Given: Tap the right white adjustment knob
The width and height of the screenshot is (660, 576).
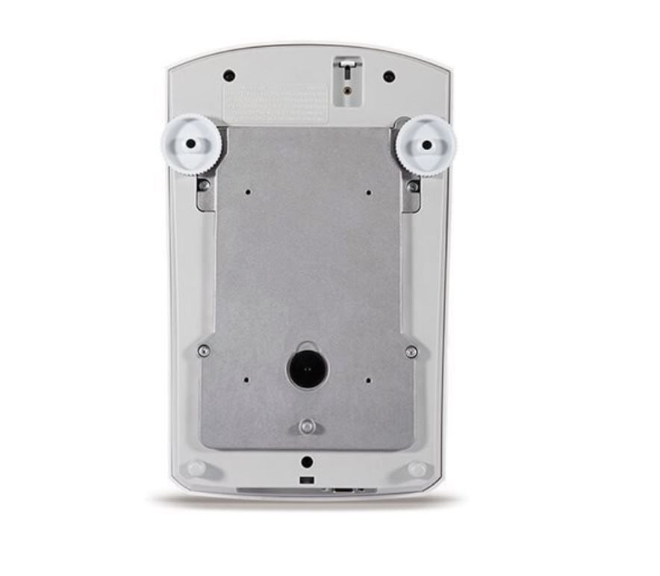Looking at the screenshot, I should [426, 144].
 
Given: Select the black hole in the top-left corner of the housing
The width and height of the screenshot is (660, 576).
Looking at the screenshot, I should [228, 75].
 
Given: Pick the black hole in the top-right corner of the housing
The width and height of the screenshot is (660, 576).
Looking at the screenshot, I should [388, 75].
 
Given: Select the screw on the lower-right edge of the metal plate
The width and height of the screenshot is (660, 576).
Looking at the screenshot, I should [411, 350].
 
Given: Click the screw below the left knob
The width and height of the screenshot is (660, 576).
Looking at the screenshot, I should [204, 185].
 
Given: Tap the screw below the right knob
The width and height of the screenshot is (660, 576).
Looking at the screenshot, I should [413, 186].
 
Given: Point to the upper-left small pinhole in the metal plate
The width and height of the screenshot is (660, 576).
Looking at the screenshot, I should [248, 192].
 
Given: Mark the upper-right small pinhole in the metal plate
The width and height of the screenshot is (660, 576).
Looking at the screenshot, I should [369, 192].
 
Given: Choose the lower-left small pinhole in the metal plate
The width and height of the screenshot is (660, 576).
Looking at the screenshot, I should [246, 379].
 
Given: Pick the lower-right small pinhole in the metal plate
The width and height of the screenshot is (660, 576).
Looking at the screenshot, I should [369, 380].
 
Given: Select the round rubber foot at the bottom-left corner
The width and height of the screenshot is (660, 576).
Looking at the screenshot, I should [196, 468].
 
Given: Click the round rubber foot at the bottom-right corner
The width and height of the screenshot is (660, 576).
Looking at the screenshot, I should [417, 469].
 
